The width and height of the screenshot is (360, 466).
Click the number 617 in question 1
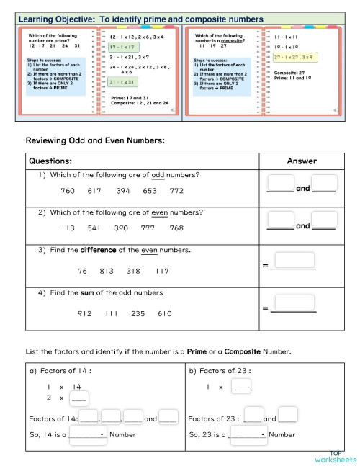tap(94, 191)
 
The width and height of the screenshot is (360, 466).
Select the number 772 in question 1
tap(176, 191)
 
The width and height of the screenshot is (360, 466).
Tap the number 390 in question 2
tap(122, 228)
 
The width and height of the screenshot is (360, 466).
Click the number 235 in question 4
tap(138, 313)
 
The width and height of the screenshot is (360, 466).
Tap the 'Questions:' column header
tap(51, 161)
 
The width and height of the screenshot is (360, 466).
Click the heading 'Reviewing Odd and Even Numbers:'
tap(95, 140)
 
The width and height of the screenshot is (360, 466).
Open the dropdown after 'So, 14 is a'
tap(88, 434)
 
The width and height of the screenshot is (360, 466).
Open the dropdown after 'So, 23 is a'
tap(248, 434)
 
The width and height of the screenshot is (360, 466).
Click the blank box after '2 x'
tap(79, 398)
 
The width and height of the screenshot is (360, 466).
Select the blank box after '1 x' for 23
tap(241, 387)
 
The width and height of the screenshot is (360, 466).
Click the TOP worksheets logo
tap(335, 457)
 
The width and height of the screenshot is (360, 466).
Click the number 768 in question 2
tap(176, 228)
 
